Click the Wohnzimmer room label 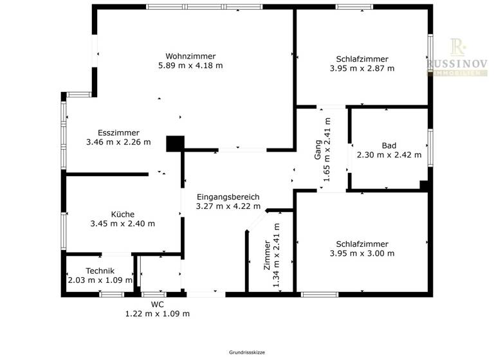point(190,56)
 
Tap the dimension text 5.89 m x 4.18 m point(190,66)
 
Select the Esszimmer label point(118,132)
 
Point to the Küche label point(122,214)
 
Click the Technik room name point(100,271)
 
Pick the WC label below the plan point(157,304)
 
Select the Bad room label point(389,145)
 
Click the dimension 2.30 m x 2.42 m point(389,155)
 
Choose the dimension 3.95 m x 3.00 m point(361,253)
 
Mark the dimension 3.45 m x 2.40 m point(122,224)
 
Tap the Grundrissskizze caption point(247,352)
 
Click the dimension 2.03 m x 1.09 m point(100,280)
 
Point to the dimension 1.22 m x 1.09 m point(157,314)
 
